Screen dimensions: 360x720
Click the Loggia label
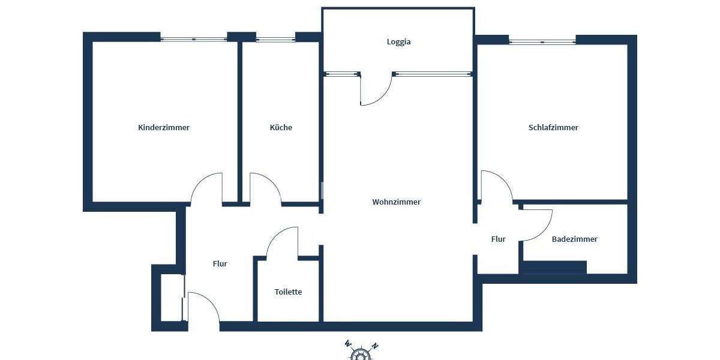point(398,42)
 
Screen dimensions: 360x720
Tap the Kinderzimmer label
point(164,127)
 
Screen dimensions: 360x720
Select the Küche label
point(281,127)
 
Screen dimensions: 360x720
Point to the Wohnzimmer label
point(396,202)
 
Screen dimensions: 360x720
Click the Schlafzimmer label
point(553,127)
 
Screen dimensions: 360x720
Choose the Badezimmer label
point(574,239)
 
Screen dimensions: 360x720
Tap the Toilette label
point(288,292)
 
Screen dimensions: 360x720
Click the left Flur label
point(220,263)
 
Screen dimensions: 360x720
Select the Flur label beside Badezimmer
point(498,239)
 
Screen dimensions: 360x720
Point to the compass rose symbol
point(360,353)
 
